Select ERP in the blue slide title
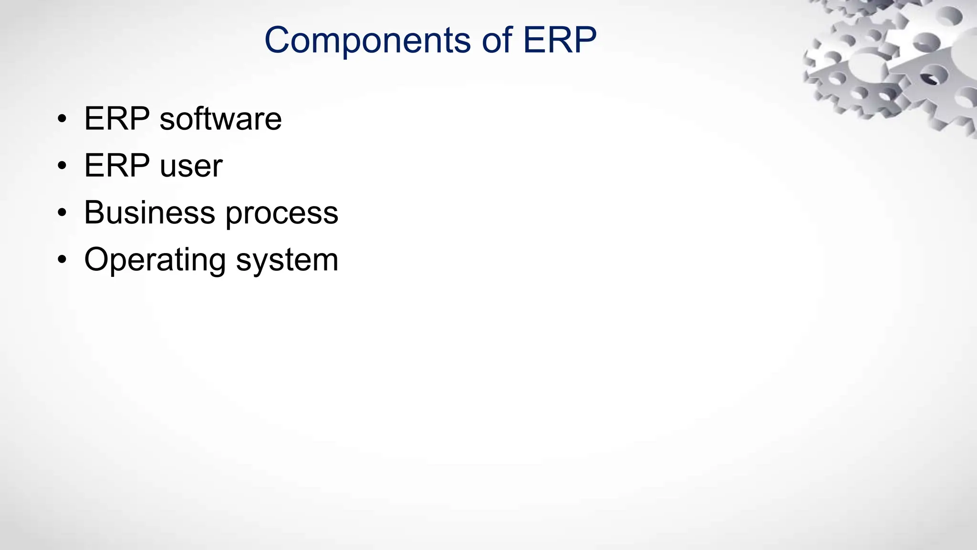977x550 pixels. (560, 40)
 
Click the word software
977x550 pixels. (220, 119)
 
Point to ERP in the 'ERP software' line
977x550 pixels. (116, 119)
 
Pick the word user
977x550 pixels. (191, 167)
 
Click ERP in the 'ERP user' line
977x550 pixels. (116, 166)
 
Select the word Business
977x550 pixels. (149, 212)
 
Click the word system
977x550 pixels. (287, 261)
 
